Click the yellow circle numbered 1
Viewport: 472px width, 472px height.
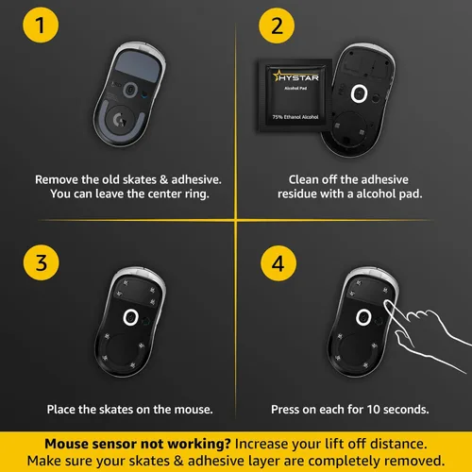[41, 25]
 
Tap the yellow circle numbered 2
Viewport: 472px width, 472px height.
[277, 25]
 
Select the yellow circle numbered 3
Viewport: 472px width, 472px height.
[42, 262]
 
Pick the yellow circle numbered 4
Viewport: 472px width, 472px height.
[278, 263]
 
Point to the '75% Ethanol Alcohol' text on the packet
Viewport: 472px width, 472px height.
[295, 117]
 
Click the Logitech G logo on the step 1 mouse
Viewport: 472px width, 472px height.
[119, 120]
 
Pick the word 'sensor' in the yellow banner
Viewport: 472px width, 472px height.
[111, 444]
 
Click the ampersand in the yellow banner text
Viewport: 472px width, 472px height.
[178, 461]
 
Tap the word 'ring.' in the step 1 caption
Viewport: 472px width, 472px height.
[196, 194]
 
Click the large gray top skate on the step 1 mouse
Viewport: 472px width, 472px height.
[139, 66]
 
